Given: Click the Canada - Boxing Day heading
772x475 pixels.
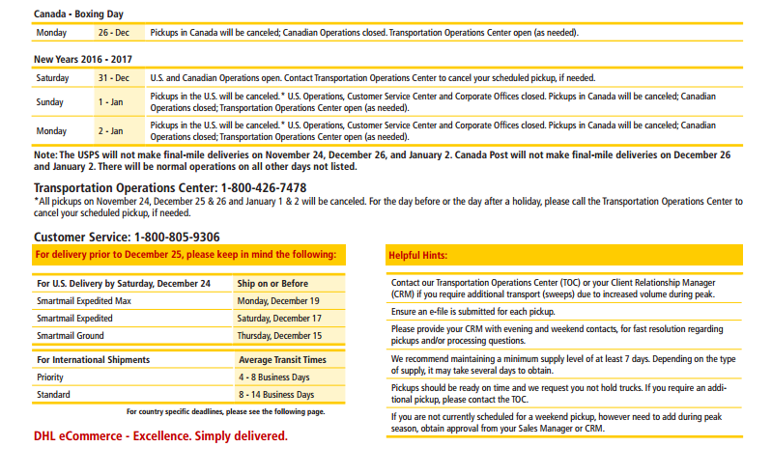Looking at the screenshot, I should pos(77,14).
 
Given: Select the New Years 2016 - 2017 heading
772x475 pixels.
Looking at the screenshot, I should pos(82,59).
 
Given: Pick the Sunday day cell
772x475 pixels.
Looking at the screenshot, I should pos(50,102).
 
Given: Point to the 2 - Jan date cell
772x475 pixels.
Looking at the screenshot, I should pos(110,130).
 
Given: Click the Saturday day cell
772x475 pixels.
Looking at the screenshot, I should pos(53,77).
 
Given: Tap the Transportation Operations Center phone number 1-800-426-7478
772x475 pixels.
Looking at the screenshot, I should pos(263,187).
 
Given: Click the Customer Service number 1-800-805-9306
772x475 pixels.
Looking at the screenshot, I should pos(177,237).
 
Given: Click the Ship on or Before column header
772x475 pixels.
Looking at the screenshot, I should pos(273,284).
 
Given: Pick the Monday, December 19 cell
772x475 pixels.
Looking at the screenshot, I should pos(279,301).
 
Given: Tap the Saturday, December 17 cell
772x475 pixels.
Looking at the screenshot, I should pos(279,319).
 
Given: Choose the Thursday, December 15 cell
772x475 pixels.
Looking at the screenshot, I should pos(280,336).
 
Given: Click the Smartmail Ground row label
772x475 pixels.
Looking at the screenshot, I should pos(71,336).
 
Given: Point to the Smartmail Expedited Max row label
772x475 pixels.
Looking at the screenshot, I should pos(84,301).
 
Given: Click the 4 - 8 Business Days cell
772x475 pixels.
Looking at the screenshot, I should pos(275,377).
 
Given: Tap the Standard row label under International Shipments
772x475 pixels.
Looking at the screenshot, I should pos(53,395).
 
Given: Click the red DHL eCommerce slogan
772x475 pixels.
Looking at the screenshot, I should pos(160,436).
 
